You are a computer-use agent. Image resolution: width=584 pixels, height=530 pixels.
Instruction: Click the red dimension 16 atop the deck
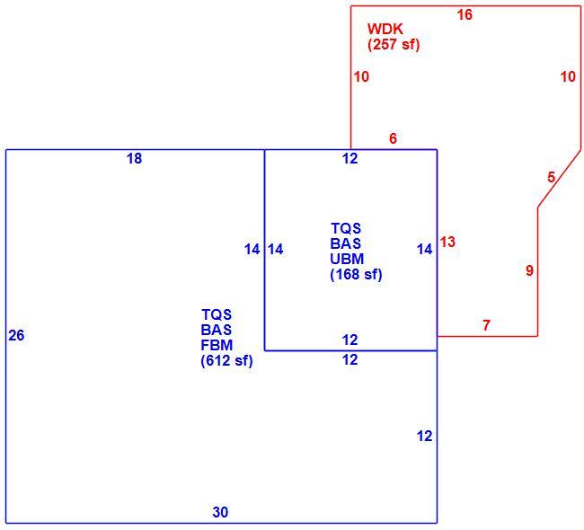(x=465, y=15)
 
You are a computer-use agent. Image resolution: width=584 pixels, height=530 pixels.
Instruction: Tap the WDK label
(x=385, y=29)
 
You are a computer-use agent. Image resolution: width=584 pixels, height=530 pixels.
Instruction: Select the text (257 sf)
(x=394, y=45)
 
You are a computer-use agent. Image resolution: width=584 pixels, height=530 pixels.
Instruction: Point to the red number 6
(x=393, y=138)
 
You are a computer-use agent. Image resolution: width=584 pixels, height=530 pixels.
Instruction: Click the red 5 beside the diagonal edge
(x=552, y=177)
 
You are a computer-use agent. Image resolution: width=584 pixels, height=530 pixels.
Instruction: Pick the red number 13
(x=447, y=243)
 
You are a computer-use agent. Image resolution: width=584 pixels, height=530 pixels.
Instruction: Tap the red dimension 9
(x=529, y=270)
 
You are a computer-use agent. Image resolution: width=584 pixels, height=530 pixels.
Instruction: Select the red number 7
(x=486, y=325)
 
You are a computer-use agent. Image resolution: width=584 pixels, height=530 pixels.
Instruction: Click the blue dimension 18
(x=135, y=159)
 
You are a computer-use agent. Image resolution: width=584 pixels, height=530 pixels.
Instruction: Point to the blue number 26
(x=16, y=336)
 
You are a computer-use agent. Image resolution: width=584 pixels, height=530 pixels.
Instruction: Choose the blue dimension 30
(x=220, y=513)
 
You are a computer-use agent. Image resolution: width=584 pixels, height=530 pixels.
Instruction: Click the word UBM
(x=347, y=259)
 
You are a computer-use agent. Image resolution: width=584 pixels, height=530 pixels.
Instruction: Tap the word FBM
(x=217, y=345)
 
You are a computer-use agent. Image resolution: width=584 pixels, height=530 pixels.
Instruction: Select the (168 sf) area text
(x=356, y=275)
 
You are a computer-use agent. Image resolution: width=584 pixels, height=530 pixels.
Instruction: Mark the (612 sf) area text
(x=226, y=361)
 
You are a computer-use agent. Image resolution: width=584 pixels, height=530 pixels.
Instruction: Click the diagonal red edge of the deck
(x=559, y=179)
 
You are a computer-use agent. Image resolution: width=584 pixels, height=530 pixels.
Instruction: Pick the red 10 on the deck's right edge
(x=569, y=77)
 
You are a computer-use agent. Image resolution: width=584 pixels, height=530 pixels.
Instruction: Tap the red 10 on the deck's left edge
(x=361, y=77)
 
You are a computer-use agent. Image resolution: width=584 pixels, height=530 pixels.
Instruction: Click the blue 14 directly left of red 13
(x=425, y=250)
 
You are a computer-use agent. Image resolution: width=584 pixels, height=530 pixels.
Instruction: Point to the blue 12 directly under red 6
(x=350, y=159)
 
